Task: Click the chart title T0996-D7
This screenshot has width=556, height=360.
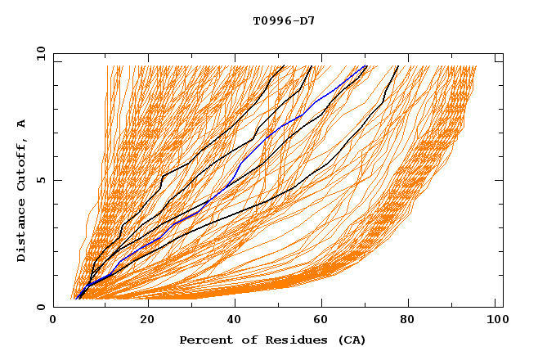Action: coord(284,20)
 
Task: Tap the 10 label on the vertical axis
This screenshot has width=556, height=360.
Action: coord(38,53)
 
